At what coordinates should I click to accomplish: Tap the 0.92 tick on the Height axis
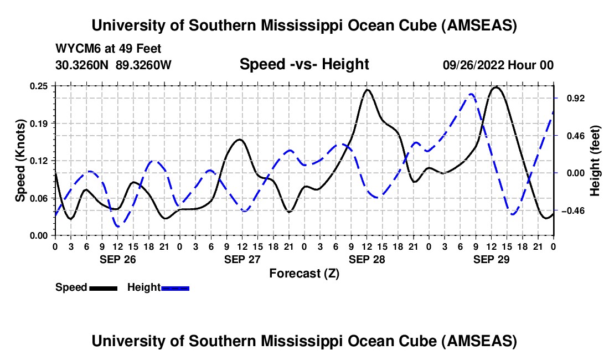(572, 98)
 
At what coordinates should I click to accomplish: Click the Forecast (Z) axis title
(304, 273)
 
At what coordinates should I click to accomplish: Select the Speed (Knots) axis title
(20, 161)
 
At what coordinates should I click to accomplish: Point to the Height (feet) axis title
(595, 161)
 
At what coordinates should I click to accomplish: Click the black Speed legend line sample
(103, 287)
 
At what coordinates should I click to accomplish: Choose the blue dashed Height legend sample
(175, 287)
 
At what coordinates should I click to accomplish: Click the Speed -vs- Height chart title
(304, 64)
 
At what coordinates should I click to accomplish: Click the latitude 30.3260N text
(83, 65)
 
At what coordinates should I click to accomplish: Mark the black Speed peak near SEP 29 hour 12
(496, 87)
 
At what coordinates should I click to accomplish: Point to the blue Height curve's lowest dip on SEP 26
(118, 226)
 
